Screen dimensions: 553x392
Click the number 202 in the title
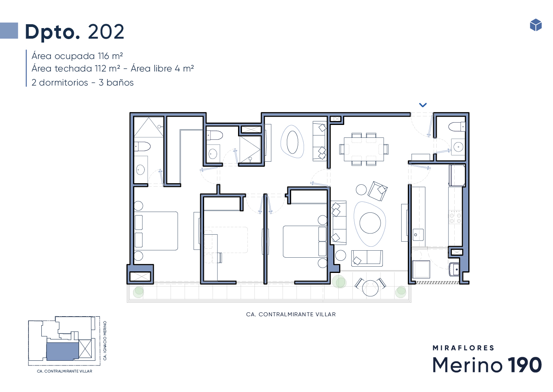tap(106, 32)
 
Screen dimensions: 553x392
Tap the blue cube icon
tap(536, 25)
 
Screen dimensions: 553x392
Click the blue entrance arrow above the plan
tap(423, 105)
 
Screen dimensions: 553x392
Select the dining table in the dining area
tap(364, 149)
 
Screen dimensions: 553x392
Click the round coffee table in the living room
tap(370, 223)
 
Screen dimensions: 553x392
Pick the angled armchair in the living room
tap(377, 191)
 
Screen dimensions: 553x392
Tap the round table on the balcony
tap(370, 288)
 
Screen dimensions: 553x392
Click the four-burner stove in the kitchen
tap(455, 217)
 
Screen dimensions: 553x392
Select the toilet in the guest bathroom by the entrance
tap(457, 127)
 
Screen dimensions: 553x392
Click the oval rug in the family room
tap(292, 142)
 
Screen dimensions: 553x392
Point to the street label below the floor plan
tap(291, 314)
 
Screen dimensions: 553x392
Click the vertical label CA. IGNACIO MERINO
tap(105, 340)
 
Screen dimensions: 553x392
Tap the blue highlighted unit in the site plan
tap(63, 351)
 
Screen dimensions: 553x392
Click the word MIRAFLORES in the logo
tap(463, 348)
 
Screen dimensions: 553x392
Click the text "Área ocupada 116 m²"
tap(77, 56)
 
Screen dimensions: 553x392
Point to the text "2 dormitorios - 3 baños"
tap(82, 82)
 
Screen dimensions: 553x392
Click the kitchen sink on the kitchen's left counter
tap(418, 235)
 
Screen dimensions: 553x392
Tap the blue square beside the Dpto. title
tap(9, 30)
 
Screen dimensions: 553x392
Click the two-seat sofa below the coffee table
tap(367, 258)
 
